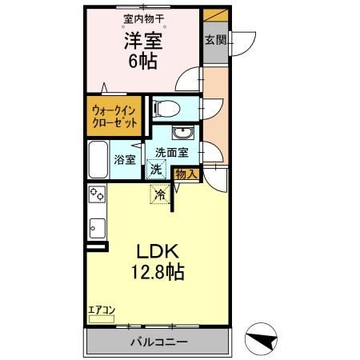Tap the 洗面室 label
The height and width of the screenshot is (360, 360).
coord(171,152)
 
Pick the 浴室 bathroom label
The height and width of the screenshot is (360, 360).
coord(125,158)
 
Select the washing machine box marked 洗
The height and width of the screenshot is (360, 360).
coord(156,169)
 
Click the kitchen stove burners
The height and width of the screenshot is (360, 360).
coord(97,194)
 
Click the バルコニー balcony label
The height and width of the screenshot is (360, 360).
coord(158,342)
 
